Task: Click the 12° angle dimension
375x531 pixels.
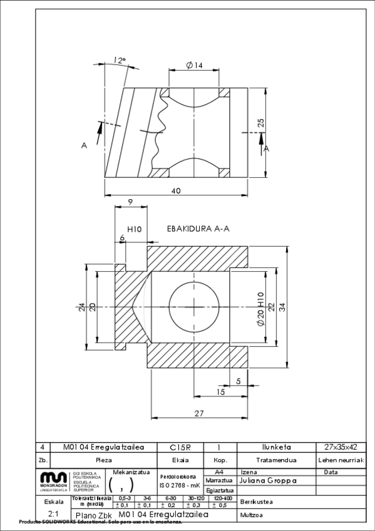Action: (120, 61)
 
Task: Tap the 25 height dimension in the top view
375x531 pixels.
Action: (261, 123)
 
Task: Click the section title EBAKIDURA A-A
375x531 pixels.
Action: (198, 229)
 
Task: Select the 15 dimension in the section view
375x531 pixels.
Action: (220, 392)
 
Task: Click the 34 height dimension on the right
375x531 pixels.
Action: (282, 306)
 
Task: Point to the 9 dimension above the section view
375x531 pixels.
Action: (130, 202)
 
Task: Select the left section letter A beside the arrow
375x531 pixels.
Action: (84, 145)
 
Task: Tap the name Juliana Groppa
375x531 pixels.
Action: (268, 481)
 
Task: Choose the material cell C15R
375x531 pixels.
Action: (180, 448)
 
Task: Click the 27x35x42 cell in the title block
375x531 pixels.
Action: (341, 448)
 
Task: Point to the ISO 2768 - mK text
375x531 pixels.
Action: (180, 485)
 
